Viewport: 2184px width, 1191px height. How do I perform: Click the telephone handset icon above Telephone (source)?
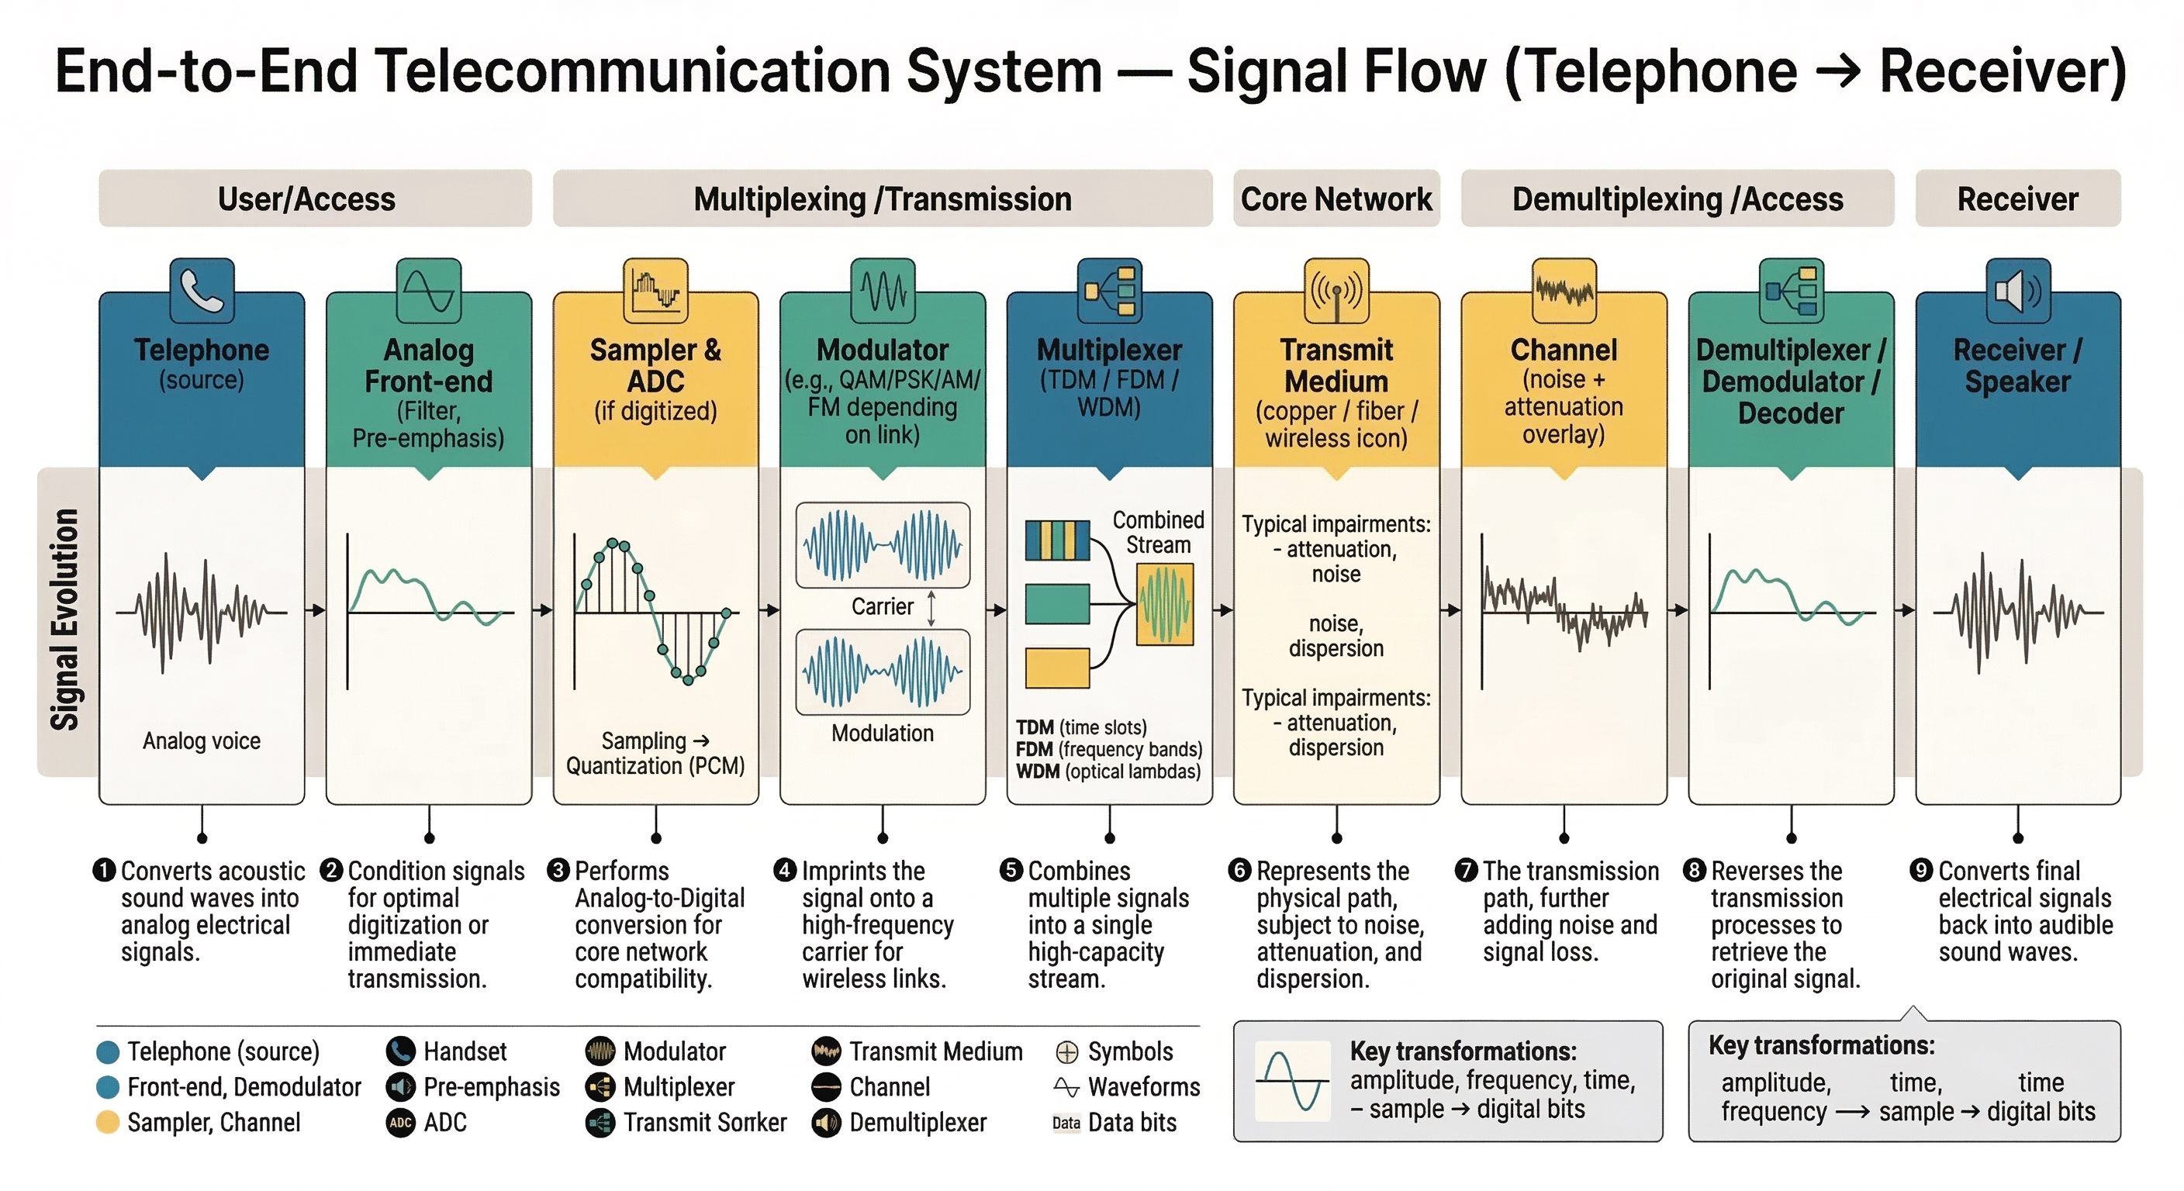(x=202, y=291)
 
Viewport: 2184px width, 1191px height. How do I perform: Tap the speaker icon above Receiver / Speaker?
(x=2018, y=291)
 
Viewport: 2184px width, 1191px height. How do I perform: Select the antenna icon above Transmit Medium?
(x=1336, y=291)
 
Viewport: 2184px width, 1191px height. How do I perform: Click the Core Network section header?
(x=1336, y=199)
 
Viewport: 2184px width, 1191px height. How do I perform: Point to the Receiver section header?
(x=2018, y=199)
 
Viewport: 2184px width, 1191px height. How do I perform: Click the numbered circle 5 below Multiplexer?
(x=1011, y=870)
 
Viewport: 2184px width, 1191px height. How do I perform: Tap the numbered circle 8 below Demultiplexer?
(x=1694, y=870)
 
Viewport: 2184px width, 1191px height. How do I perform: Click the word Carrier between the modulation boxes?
(x=882, y=606)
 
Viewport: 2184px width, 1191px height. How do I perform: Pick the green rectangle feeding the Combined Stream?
(x=1057, y=603)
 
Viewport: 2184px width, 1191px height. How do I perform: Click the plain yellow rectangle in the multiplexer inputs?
(x=1057, y=668)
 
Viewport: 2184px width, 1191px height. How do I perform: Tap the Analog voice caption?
(x=202, y=740)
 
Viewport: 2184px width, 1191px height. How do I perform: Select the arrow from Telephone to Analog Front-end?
(x=316, y=610)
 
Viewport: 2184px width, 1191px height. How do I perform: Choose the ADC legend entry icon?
(x=400, y=1122)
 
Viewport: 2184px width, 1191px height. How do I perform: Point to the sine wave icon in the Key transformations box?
(x=1292, y=1081)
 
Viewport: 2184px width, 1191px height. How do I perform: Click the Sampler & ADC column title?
(x=655, y=365)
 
